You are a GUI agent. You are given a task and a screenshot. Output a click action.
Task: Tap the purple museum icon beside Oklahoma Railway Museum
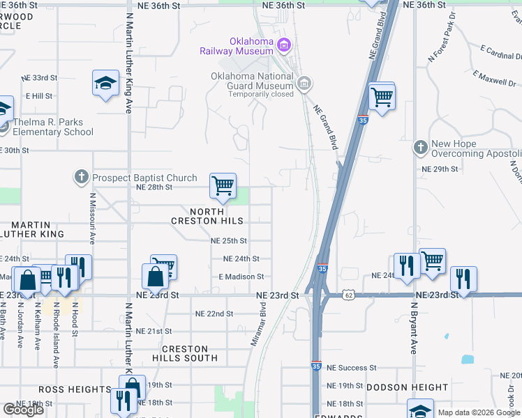[x=283, y=47]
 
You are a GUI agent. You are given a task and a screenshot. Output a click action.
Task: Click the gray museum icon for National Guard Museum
[x=304, y=84]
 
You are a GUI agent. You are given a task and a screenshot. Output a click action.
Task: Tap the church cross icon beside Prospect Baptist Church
[x=82, y=176]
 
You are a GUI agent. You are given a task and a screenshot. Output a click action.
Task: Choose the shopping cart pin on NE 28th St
[x=223, y=186]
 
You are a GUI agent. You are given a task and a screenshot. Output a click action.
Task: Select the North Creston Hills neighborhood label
[x=207, y=215]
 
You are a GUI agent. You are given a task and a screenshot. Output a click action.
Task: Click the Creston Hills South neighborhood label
[x=185, y=353]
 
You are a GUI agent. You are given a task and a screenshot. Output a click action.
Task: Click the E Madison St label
[x=241, y=277]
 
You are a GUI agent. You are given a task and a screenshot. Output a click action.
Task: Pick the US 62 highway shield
[x=348, y=295]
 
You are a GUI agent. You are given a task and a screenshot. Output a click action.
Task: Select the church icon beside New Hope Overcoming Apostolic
[x=419, y=148]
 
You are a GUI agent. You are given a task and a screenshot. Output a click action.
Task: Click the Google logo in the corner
[x=23, y=410]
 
